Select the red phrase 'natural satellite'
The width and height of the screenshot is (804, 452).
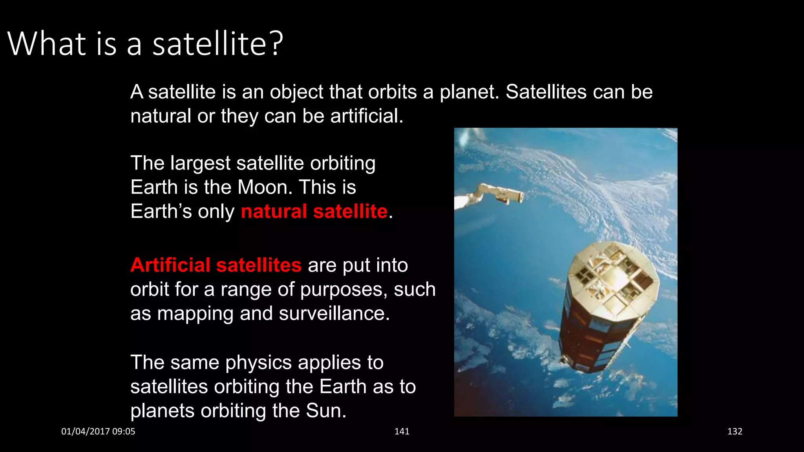314,211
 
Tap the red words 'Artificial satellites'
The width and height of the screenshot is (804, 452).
216,265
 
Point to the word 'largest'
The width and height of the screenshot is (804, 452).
200,164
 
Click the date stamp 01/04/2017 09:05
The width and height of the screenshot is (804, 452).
98,432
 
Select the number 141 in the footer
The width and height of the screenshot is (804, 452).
402,432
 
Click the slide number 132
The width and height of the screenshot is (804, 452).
735,432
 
